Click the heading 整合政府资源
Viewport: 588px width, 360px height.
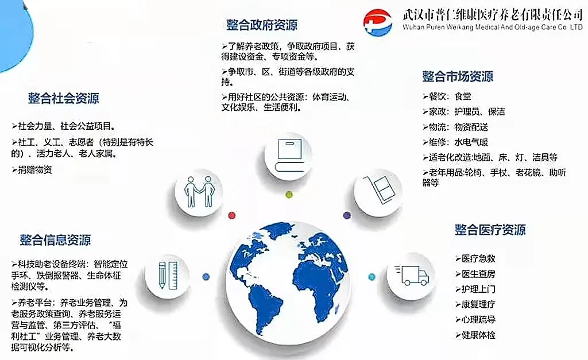tap(262, 25)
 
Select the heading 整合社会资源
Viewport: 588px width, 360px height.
tap(63, 98)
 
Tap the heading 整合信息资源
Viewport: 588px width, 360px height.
tap(55, 240)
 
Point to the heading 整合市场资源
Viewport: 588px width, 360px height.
tap(458, 76)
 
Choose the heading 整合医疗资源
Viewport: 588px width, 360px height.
tap(490, 230)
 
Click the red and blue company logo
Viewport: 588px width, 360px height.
tap(378, 22)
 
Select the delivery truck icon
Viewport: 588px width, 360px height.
tap(411, 276)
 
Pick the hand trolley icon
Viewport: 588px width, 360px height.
tap(378, 190)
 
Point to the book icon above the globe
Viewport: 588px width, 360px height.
tap(289, 155)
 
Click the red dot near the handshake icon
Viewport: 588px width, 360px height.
tap(232, 215)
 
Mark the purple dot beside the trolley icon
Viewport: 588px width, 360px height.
tap(347, 215)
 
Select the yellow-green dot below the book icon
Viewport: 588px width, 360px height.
tap(289, 194)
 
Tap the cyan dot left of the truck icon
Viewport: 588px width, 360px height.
tap(372, 277)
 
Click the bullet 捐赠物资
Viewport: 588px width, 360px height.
tap(32, 170)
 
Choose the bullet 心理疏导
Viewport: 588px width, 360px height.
tap(475, 319)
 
